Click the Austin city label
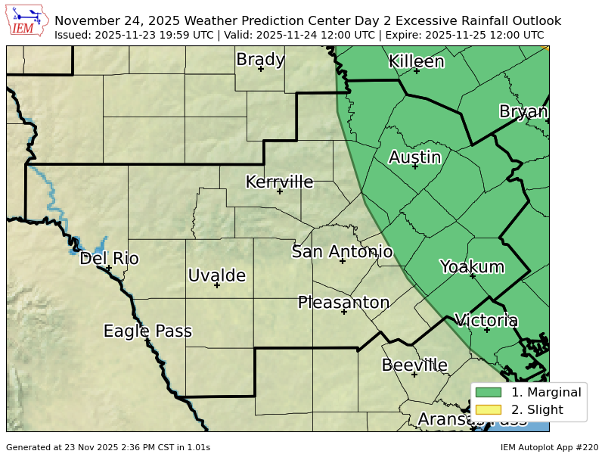pyautogui.click(x=414, y=157)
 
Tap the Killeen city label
pyautogui.click(x=416, y=61)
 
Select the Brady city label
pyautogui.click(x=260, y=59)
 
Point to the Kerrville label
pyautogui.click(x=279, y=182)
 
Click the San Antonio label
pyautogui.click(x=342, y=252)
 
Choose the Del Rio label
pyautogui.click(x=109, y=259)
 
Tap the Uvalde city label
pyautogui.click(x=216, y=275)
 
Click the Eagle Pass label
pyautogui.click(x=147, y=331)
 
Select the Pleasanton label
pyautogui.click(x=343, y=303)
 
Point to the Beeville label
pyautogui.click(x=414, y=365)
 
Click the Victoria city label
pyautogui.click(x=486, y=320)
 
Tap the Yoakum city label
pyautogui.click(x=472, y=266)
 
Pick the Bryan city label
pyautogui.click(x=523, y=112)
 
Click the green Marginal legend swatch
pyautogui.click(x=489, y=392)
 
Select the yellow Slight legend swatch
pyautogui.click(x=489, y=409)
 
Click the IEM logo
pyautogui.click(x=27, y=20)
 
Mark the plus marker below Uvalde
pyautogui.click(x=216, y=285)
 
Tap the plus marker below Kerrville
pyautogui.click(x=279, y=191)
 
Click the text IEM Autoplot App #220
pyautogui.click(x=549, y=447)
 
